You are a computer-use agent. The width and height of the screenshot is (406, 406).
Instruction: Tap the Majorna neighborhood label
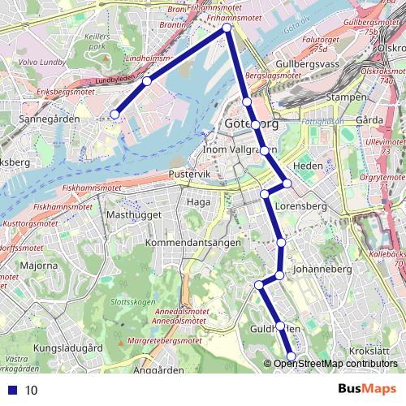(38, 266)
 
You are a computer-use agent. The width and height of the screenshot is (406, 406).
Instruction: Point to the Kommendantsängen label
(184, 243)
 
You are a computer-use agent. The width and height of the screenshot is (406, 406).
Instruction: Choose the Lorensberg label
(300, 207)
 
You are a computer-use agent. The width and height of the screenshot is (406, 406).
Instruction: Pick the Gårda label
(369, 120)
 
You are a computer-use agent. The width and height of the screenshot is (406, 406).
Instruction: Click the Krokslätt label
(369, 351)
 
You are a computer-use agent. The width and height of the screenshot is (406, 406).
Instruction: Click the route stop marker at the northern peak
(227, 28)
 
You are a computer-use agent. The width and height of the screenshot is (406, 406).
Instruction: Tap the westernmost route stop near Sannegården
(115, 114)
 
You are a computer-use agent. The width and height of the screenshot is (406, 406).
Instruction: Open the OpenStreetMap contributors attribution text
(335, 364)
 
